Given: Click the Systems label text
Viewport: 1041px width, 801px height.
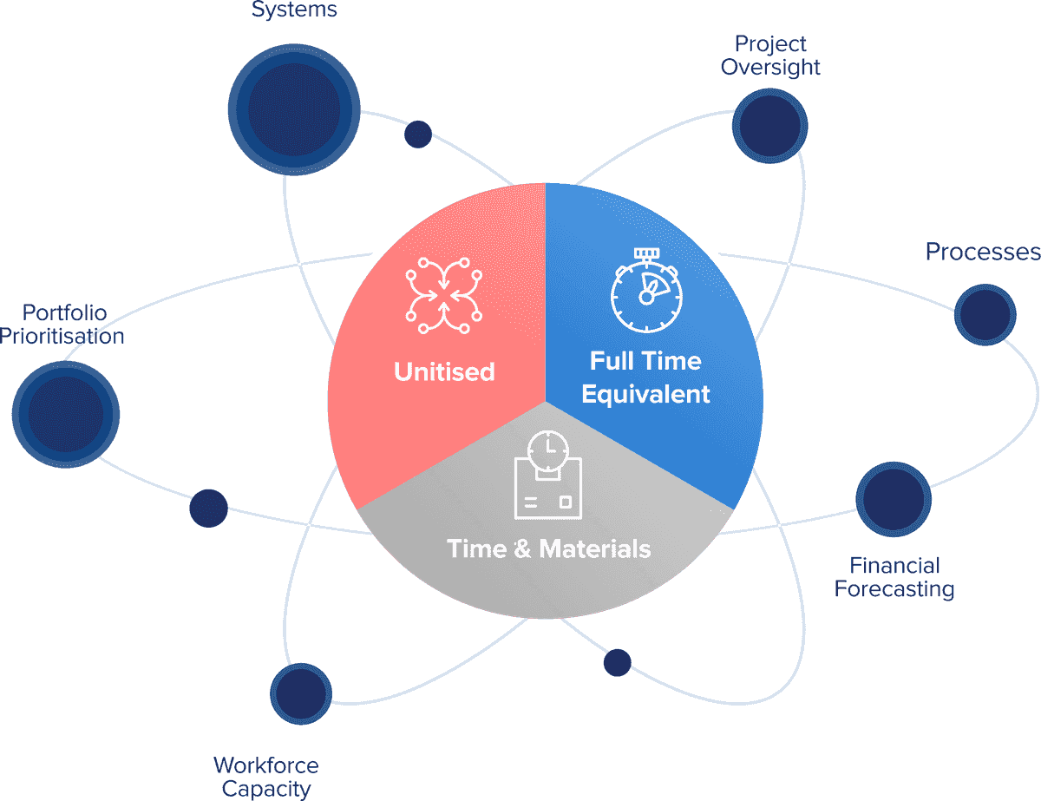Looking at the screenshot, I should click(294, 10).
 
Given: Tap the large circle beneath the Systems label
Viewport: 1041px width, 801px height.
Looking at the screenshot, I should click(294, 108).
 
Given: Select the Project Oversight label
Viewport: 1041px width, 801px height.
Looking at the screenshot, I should click(770, 55).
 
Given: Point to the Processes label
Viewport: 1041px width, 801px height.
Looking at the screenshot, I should click(982, 252).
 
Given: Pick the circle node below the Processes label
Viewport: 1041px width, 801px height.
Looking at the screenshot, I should click(985, 314).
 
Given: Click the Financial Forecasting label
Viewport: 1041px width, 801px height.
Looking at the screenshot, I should click(894, 578).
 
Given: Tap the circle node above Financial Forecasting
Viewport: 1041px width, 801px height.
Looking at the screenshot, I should click(894, 500).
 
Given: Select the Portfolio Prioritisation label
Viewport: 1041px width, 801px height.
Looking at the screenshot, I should click(62, 324).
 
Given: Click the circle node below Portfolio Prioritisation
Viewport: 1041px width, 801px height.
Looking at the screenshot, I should click(66, 414).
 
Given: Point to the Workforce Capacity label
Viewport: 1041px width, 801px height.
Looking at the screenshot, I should click(266, 777).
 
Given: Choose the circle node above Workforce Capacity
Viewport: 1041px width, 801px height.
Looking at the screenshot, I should click(301, 693).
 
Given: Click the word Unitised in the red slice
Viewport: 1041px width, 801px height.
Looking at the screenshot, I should click(444, 372).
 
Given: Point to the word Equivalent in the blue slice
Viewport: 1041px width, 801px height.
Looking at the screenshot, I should click(645, 394).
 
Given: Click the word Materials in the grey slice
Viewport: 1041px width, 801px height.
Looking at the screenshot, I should click(595, 548).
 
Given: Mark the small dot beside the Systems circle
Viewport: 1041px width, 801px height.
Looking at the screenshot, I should click(418, 134).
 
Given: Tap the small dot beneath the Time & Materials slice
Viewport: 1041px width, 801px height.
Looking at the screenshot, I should click(617, 662).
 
